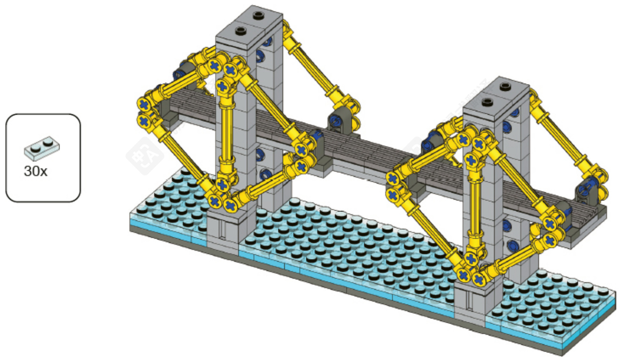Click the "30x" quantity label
36,171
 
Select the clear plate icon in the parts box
42,148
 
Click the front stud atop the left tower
241,31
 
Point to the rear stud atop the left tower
258,16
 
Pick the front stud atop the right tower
487,102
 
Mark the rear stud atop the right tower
505,87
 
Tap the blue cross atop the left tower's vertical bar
222,86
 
